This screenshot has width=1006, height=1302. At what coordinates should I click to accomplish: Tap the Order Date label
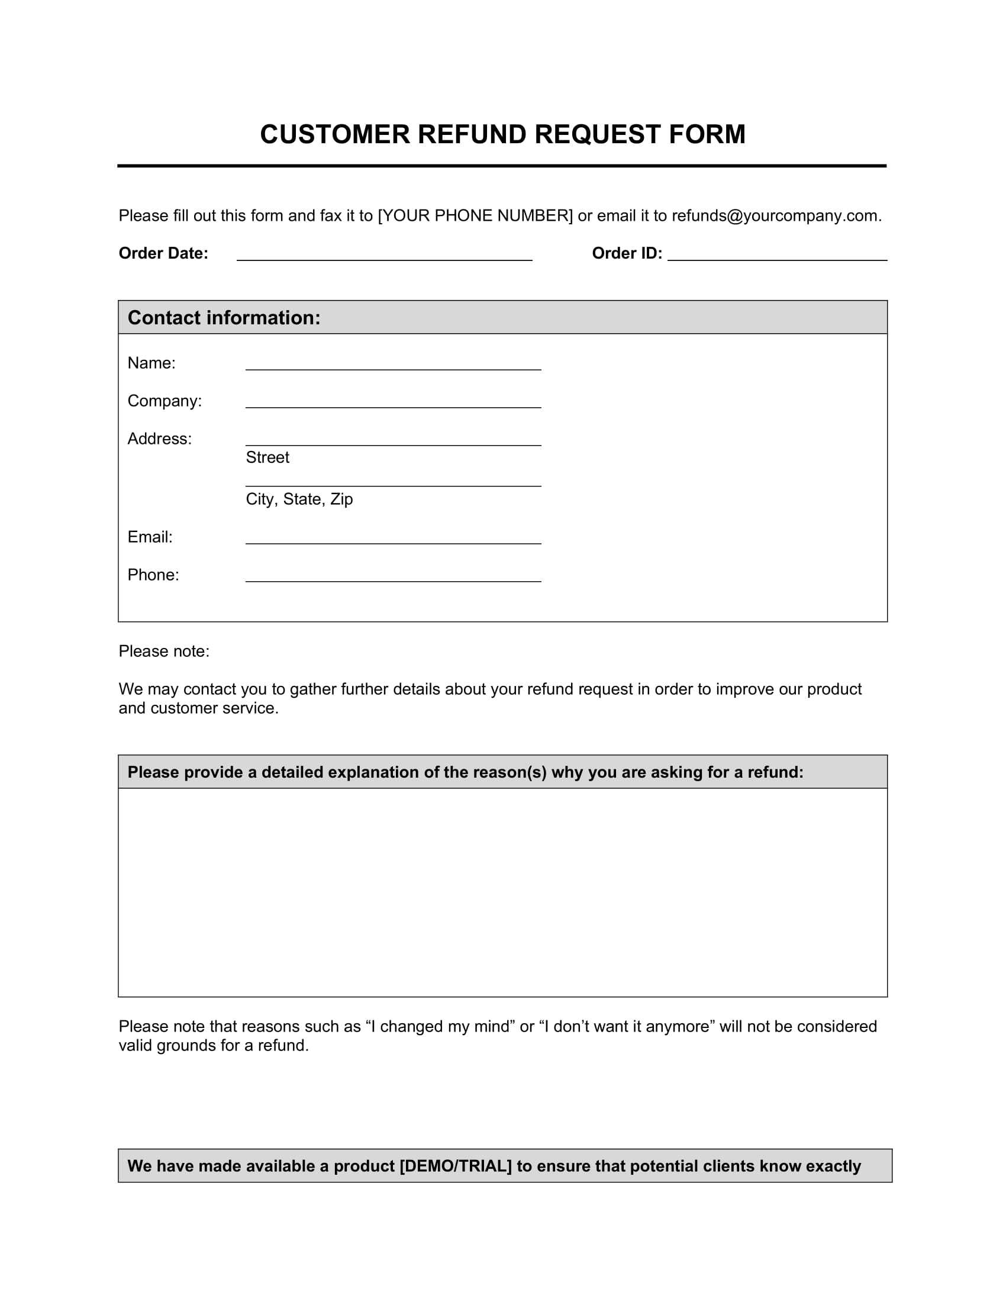click(163, 253)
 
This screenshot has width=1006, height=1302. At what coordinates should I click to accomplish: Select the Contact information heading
click(224, 318)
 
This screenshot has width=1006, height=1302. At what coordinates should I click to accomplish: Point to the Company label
click(165, 401)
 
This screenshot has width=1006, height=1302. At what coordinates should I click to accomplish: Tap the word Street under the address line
click(267, 458)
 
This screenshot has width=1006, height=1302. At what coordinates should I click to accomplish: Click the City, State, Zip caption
click(299, 499)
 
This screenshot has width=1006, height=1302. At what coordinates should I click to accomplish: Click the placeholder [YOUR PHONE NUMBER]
click(475, 216)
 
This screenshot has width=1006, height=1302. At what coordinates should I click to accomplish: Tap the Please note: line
click(164, 652)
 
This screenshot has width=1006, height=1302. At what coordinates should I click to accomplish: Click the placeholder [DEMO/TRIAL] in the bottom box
click(455, 1166)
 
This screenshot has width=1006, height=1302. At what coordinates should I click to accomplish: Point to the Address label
click(160, 439)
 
